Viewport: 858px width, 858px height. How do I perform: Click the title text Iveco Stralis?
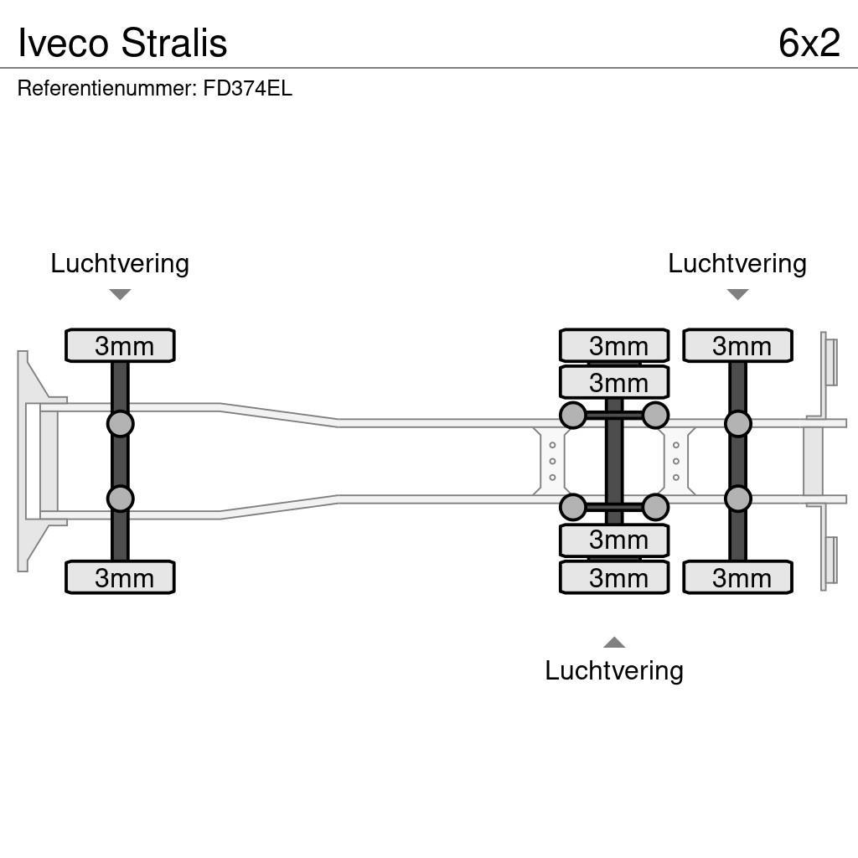[122, 42]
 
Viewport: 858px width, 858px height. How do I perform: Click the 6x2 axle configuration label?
[808, 42]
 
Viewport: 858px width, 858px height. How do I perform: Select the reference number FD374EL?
[247, 89]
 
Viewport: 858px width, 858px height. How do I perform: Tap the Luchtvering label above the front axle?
[120, 263]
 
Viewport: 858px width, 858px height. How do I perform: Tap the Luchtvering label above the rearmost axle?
[737, 263]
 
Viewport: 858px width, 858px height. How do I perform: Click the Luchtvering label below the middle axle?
[613, 670]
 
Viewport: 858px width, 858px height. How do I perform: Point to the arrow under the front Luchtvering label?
[120, 294]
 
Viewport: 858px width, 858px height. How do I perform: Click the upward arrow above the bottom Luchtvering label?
[613, 643]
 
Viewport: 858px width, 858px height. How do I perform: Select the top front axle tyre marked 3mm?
[120, 345]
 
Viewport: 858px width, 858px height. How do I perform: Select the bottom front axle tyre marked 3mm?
[120, 577]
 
